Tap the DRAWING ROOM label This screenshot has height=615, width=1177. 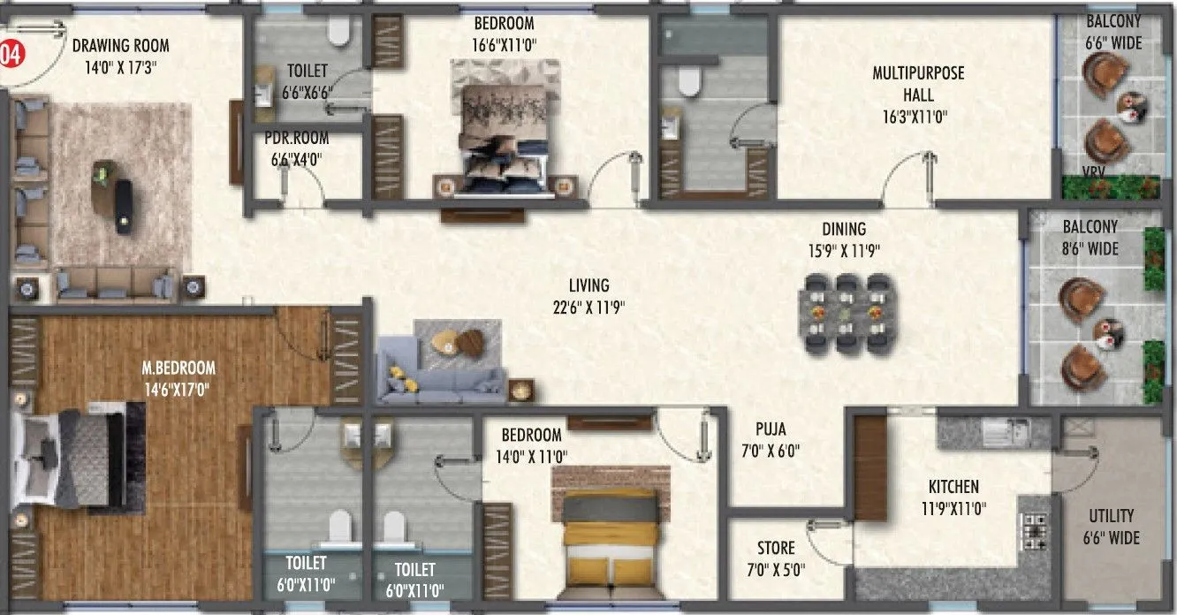point(121,46)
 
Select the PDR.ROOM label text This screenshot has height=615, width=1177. point(296,138)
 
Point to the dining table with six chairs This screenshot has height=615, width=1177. point(846,313)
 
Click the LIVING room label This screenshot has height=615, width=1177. point(588,285)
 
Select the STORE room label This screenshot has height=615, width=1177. point(775,548)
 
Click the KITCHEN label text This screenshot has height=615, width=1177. point(953,487)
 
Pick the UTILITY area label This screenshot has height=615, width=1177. point(1112,516)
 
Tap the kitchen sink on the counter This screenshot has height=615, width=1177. point(1006,432)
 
